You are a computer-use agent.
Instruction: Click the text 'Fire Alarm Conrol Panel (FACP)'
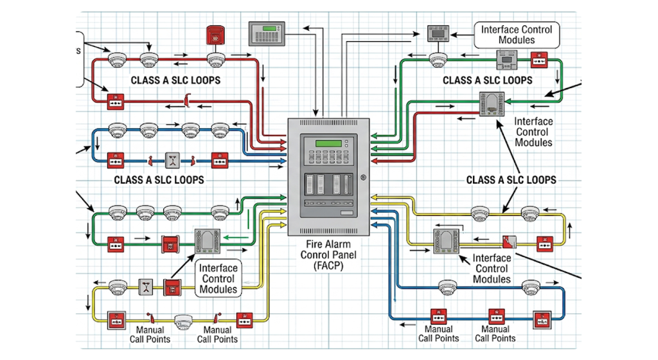[328, 254]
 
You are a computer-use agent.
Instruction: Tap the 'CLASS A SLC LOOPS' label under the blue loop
[159, 180]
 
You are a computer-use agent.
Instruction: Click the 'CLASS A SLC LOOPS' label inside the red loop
[175, 80]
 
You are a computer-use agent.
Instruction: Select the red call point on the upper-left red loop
[116, 100]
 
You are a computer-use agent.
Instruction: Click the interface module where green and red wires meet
[492, 104]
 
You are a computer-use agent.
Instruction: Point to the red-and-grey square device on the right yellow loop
[510, 243]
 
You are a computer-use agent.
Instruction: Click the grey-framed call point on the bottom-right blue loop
[542, 317]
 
